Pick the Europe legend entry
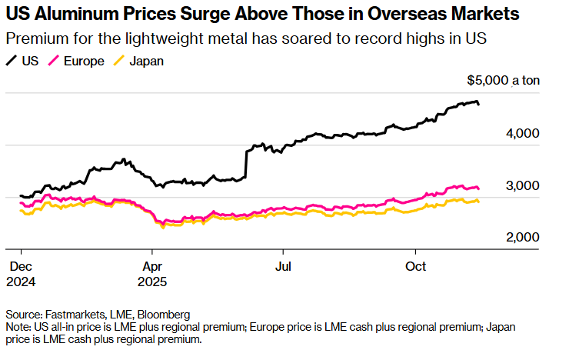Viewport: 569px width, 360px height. [x=78, y=61]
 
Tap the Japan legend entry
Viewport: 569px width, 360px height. [x=139, y=61]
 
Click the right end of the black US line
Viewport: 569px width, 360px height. [x=479, y=104]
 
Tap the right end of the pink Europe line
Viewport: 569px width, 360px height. [x=479, y=188]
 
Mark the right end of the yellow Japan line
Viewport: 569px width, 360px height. [x=479, y=202]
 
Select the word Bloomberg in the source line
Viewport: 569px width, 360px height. [x=164, y=315]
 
